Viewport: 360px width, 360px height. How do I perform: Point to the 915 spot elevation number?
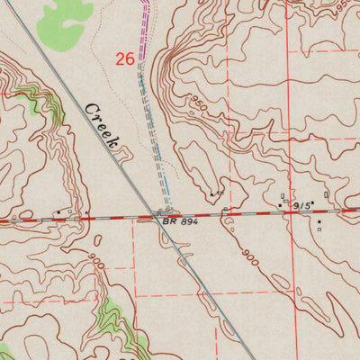pyautogui.click(x=301, y=206)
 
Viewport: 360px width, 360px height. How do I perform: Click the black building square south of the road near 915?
pyautogui.click(x=318, y=220)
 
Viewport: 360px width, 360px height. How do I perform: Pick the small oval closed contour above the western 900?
pyautogui.click(x=95, y=239)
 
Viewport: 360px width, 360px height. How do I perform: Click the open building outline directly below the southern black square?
pyautogui.click(x=319, y=229)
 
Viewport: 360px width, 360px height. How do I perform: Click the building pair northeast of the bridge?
pyautogui.click(x=216, y=193)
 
